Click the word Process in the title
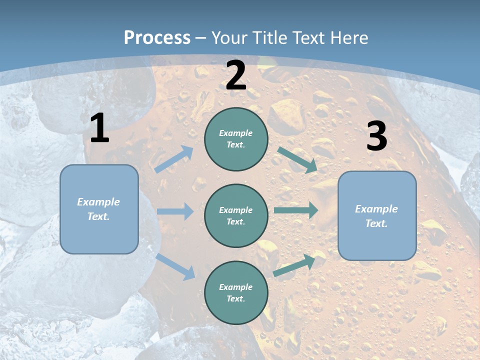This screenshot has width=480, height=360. tap(157, 37)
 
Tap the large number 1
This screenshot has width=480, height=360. tap(99, 128)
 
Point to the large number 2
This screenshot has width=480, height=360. tap(236, 75)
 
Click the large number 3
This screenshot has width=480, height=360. tap(376, 136)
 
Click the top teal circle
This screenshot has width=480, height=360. tap(236, 139)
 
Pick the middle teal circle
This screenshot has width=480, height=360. tap(236, 215)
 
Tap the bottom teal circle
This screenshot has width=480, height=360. tap(236, 292)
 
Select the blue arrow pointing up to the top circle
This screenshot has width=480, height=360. tap(174, 159)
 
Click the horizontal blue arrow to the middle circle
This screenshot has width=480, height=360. tap(175, 211)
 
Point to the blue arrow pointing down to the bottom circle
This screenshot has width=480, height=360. tap(175, 266)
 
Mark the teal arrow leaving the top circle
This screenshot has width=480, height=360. tap(297, 159)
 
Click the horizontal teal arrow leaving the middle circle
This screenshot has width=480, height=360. tap(296, 210)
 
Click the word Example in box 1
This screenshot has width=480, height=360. tap(98, 202)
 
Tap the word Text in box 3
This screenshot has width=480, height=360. tap(376, 223)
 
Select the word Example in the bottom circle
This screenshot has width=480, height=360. tap(235, 287)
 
